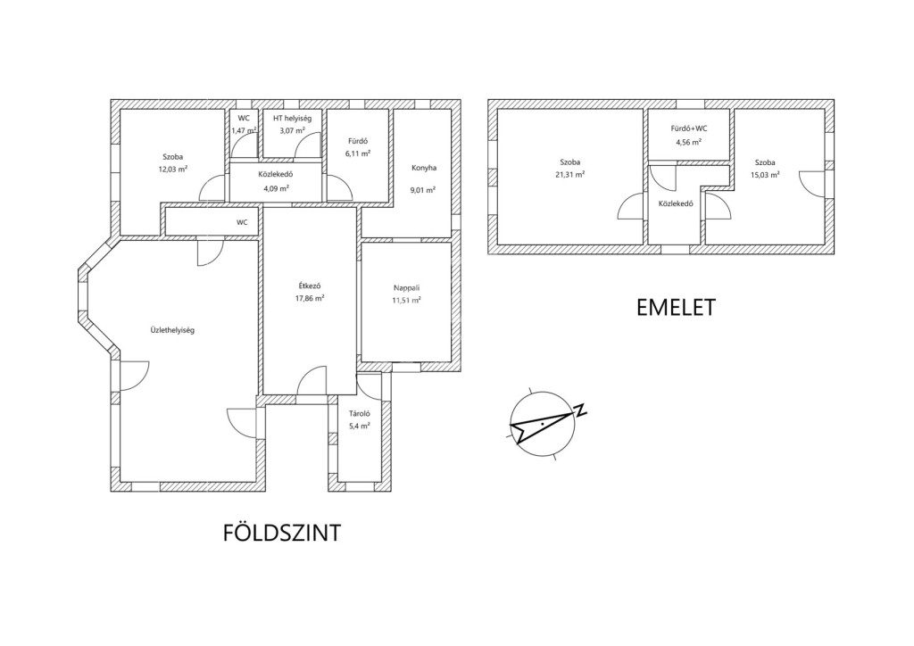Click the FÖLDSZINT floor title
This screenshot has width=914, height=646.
point(281,534)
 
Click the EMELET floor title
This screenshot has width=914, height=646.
point(676,308)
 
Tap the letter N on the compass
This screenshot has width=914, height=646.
point(581,410)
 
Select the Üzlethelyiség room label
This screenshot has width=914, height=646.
point(172,330)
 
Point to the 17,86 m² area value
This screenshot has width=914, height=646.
point(311,299)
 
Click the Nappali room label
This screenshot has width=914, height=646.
point(406,287)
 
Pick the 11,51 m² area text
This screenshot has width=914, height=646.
point(406,301)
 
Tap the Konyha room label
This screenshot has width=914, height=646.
point(423,168)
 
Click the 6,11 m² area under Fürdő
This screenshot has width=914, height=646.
point(357,153)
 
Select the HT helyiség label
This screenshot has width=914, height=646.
point(292,119)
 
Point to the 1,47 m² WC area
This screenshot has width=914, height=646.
point(244,131)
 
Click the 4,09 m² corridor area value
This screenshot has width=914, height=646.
point(275,188)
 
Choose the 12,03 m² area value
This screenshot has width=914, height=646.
point(172,169)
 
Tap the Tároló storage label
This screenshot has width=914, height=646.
point(357,413)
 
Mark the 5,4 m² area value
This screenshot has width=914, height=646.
point(357,427)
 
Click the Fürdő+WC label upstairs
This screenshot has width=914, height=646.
point(688,128)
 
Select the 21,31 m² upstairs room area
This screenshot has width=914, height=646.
point(569,175)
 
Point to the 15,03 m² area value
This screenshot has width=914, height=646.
point(765,175)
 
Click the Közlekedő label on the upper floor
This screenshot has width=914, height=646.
point(676,203)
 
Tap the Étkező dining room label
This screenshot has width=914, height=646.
point(311,286)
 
